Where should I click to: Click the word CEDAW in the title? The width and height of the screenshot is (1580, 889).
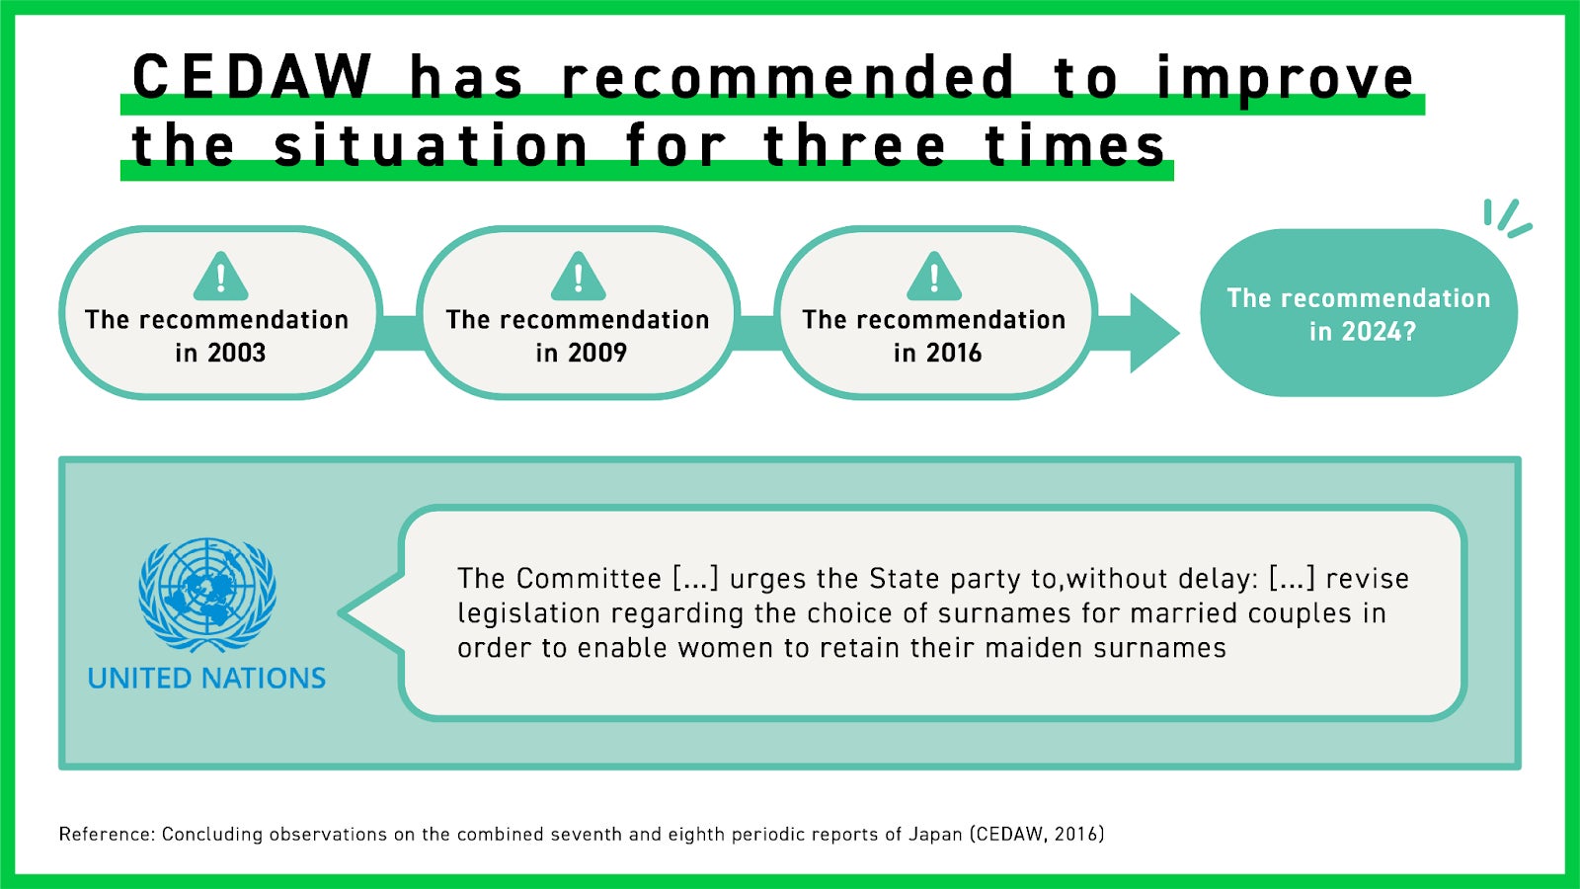tap(252, 76)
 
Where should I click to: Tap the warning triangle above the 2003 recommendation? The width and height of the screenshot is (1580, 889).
tap(221, 277)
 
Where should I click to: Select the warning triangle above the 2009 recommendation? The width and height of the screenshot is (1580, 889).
tap(579, 277)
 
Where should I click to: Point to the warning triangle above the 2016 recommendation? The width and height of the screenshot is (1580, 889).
tap(934, 277)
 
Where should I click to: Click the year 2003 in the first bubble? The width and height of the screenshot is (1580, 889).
tap(236, 353)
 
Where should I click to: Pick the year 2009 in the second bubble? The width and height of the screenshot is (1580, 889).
tap(597, 353)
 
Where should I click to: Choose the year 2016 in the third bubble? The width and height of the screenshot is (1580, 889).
tap(953, 353)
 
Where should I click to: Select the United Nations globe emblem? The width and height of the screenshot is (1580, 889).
tap(207, 595)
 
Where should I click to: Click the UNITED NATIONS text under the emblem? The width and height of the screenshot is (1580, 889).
tap(206, 678)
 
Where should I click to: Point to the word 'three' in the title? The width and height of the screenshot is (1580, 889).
tap(854, 144)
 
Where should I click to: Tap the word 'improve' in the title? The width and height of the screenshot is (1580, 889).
tap(1285, 79)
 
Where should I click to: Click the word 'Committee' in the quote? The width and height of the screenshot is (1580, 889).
tap(589, 579)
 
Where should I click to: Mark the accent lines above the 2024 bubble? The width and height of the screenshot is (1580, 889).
tap(1507, 218)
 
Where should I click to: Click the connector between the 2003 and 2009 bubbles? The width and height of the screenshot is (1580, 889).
tap(400, 333)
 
